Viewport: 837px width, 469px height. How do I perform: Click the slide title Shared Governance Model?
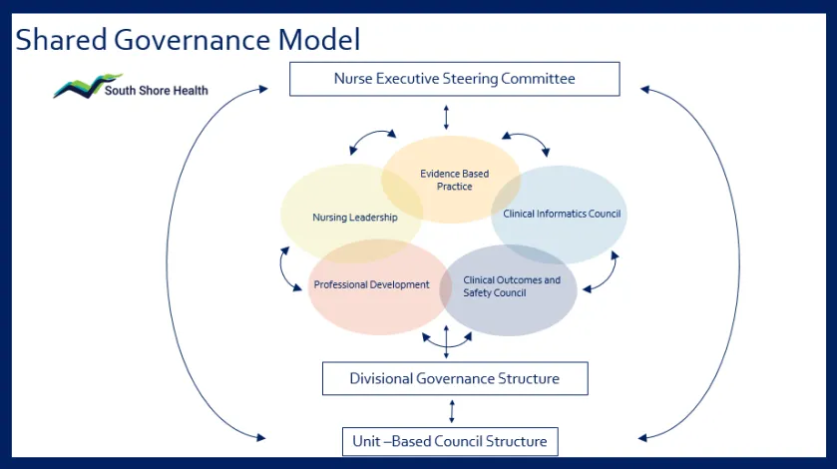tap(188, 39)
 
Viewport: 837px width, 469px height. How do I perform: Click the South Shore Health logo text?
tap(157, 91)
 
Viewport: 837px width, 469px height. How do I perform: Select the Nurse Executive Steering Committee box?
tap(454, 79)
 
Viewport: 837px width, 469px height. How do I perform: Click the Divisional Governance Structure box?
tap(454, 378)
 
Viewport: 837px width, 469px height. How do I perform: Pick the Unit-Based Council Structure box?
tap(450, 441)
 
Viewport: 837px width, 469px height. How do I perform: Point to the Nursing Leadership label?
tap(354, 217)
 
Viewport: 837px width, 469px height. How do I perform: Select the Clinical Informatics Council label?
tap(562, 214)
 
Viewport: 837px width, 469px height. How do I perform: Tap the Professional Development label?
tap(371, 284)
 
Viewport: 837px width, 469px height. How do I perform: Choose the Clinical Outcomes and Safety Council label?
tap(512, 286)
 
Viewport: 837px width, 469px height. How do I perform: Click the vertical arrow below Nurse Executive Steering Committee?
tap(446, 116)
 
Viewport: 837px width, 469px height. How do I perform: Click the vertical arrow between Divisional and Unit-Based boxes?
tap(453, 410)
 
